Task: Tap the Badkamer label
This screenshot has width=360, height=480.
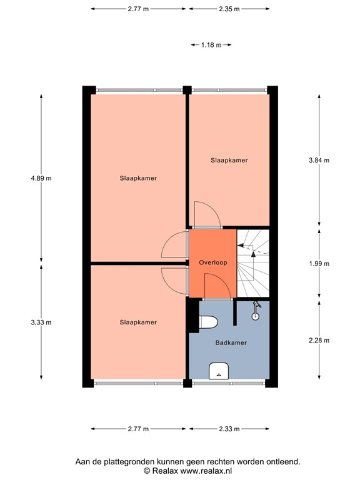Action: click(x=231, y=342)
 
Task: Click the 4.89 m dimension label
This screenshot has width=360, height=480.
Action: click(x=41, y=178)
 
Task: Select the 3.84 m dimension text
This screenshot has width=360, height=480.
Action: click(x=319, y=160)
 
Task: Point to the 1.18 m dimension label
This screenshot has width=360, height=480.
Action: click(x=211, y=45)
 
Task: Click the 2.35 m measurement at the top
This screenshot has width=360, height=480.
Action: click(x=229, y=9)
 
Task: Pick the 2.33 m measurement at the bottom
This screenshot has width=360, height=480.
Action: click(x=229, y=429)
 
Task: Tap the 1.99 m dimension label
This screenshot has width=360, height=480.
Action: click(x=319, y=263)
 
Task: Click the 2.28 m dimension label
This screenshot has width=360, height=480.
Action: click(x=319, y=340)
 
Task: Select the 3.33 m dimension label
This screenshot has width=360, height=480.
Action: click(x=41, y=322)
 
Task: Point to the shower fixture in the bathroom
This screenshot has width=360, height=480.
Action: click(x=255, y=311)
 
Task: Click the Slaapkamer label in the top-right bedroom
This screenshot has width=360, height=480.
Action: click(x=229, y=160)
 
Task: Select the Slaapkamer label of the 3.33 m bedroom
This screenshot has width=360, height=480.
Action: click(x=138, y=322)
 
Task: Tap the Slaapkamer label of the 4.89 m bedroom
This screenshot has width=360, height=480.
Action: click(x=138, y=178)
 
